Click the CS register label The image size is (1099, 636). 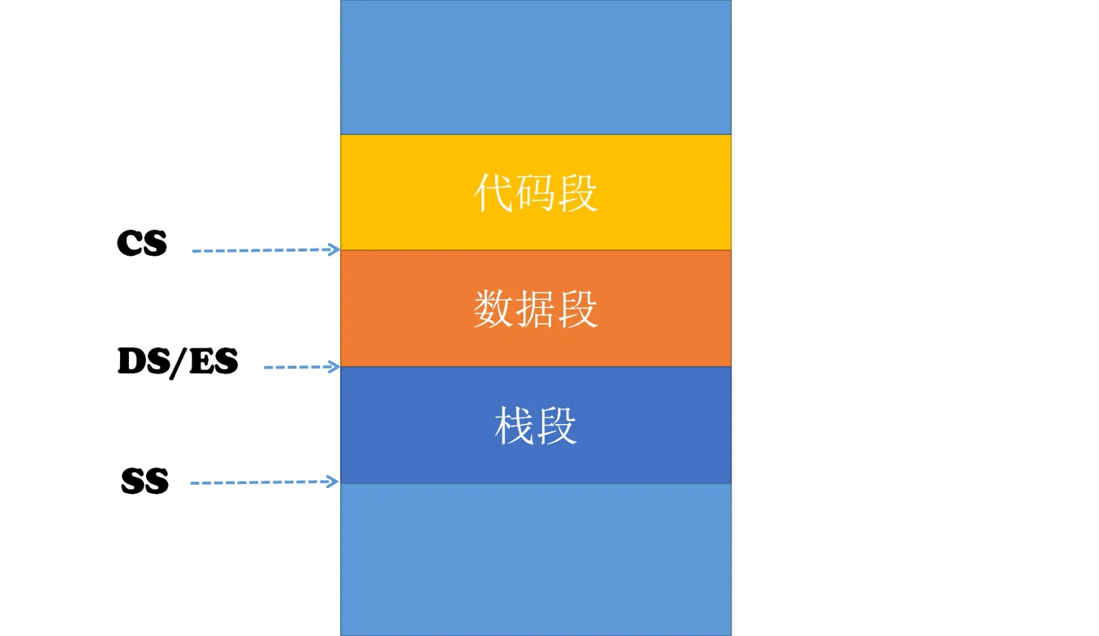coord(142,243)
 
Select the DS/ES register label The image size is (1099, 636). coord(178,362)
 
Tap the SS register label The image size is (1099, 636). coord(145,481)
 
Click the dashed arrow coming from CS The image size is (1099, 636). coord(265,250)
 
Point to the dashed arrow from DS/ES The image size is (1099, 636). coord(302,367)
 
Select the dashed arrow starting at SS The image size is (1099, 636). coord(265,482)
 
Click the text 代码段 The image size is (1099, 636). coord(536,192)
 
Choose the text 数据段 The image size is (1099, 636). coord(536,309)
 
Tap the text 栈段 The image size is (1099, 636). coord(536,425)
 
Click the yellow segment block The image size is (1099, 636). coord(536,192)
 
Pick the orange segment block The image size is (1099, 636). coord(536,309)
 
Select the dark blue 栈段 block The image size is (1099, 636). coord(536,425)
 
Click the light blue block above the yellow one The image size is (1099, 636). coord(536,67)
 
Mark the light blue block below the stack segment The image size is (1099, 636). coord(536,560)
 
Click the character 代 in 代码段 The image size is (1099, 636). coord(494,192)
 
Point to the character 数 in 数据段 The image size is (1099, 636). coord(494,309)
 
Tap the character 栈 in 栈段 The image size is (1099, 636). coord(515,425)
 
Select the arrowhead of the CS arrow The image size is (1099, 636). coord(334,249)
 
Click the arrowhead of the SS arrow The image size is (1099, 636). coord(333,481)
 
